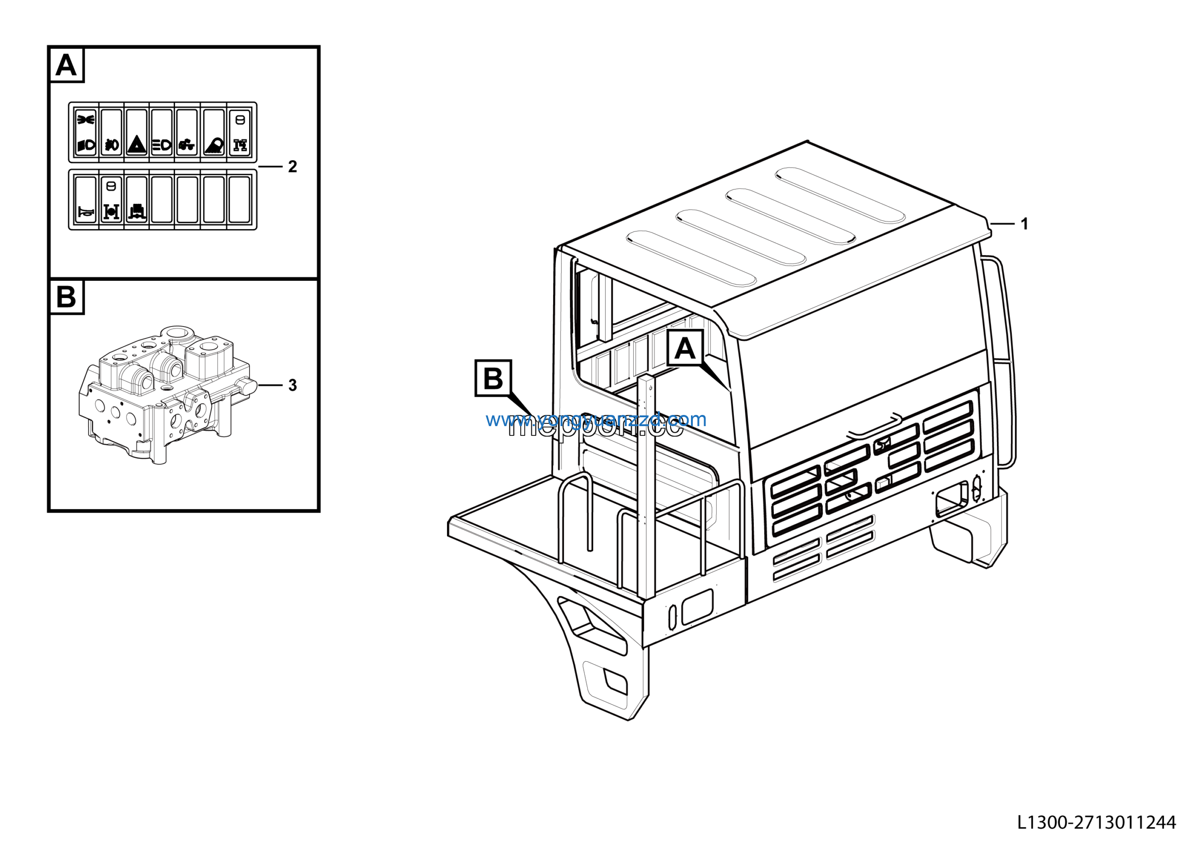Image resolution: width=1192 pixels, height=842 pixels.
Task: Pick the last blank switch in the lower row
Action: click(x=239, y=200)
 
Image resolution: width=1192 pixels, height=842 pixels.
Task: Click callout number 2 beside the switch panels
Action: click(x=292, y=167)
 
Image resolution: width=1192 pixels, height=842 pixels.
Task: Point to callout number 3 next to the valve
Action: click(x=292, y=385)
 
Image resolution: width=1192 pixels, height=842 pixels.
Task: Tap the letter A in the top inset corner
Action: click(x=66, y=65)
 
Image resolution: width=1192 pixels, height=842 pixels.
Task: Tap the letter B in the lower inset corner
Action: click(x=66, y=297)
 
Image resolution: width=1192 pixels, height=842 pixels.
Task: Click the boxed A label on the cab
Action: click(x=685, y=348)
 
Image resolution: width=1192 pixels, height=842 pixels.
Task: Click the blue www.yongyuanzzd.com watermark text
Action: click(x=596, y=419)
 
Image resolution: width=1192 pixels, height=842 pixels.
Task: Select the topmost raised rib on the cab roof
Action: click(x=840, y=195)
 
